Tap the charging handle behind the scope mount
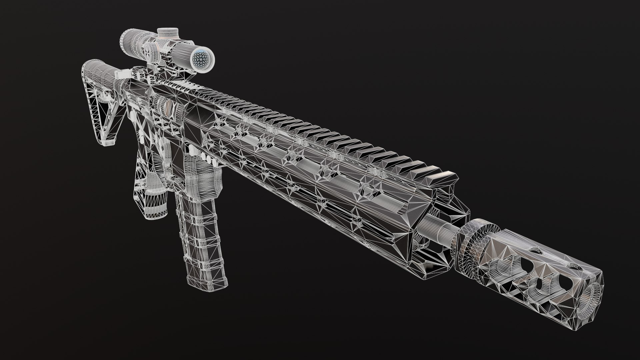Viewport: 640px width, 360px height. coord(122,73)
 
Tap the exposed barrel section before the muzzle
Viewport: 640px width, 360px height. coord(437,227)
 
